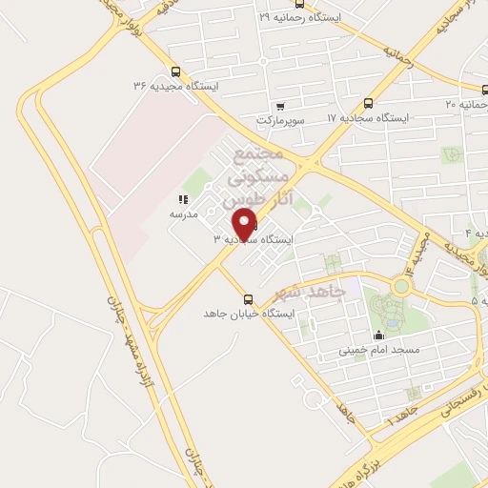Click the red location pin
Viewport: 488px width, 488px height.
(246, 225)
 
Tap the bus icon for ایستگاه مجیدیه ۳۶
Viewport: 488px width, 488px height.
(174, 71)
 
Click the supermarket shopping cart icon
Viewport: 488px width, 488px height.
(280, 106)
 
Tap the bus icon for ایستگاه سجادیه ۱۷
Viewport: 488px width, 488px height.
(368, 103)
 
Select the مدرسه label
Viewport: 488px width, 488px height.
(183, 214)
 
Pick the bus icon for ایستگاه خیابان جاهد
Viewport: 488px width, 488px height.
(249, 298)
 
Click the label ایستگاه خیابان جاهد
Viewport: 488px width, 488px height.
(250, 314)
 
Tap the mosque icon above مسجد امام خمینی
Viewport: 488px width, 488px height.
(378, 335)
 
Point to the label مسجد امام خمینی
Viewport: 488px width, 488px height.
(378, 350)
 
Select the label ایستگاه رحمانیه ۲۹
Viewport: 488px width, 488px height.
(301, 17)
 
